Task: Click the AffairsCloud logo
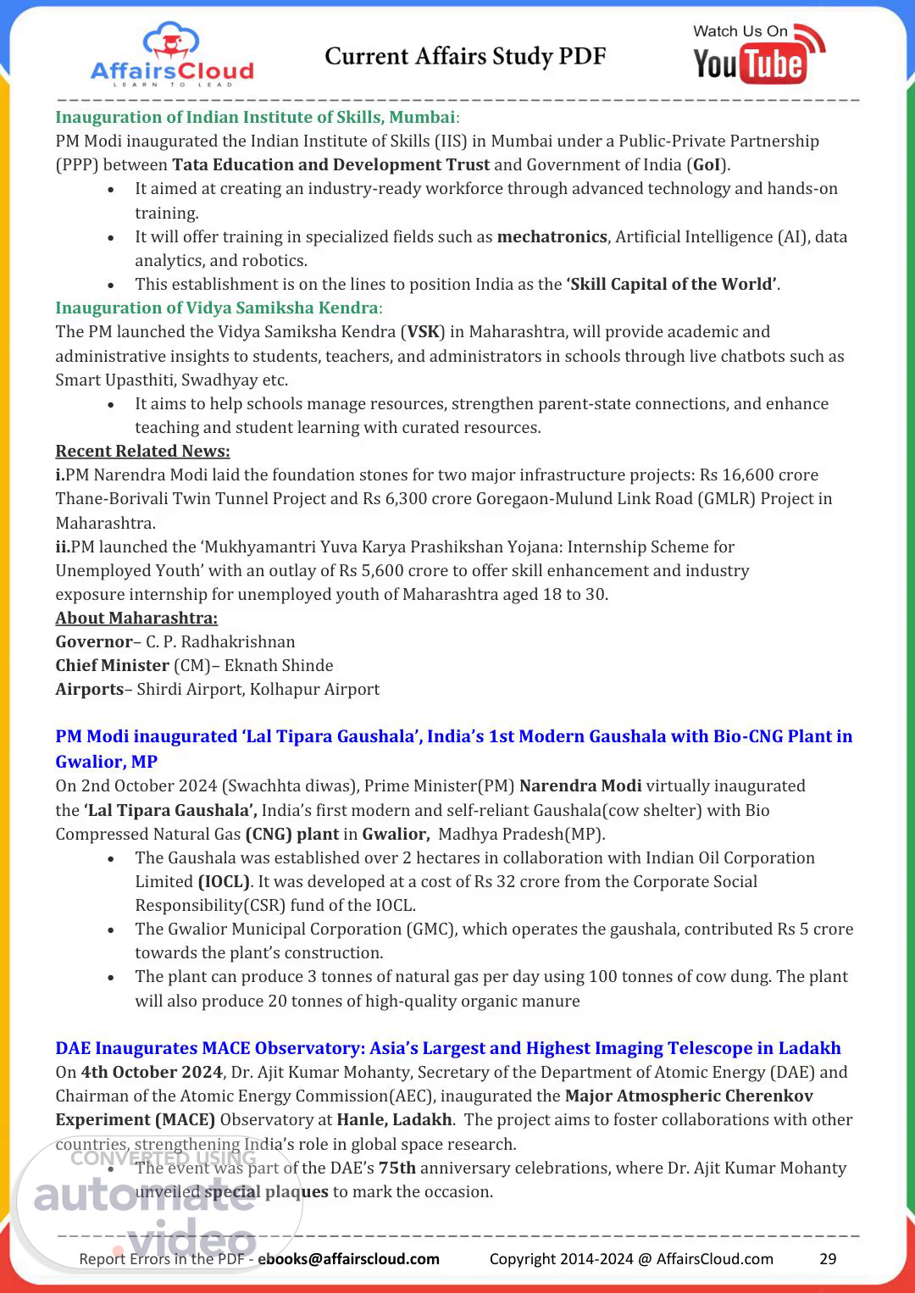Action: tap(172, 56)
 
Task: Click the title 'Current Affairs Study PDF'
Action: tap(465, 57)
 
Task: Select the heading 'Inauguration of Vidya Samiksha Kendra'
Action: tap(217, 308)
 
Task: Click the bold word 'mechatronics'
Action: tap(552, 236)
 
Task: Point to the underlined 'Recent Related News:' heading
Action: tap(142, 451)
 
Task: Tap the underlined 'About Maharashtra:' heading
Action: tap(136, 618)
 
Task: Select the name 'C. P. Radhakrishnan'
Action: tap(220, 641)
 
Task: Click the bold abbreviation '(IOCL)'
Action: tap(224, 881)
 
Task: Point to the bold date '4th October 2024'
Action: tap(152, 1072)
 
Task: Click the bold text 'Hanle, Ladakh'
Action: tap(394, 1119)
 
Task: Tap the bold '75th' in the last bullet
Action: tap(397, 1168)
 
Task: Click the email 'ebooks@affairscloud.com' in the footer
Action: tap(348, 1258)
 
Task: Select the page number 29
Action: tap(828, 1258)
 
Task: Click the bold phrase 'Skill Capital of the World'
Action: tap(672, 284)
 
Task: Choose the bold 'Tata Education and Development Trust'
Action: tap(331, 164)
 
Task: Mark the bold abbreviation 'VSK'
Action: tap(424, 331)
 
